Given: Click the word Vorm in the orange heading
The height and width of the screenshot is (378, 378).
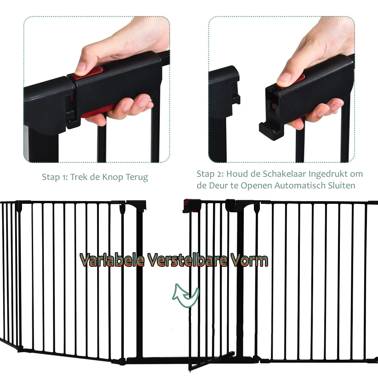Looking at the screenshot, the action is coord(250,260).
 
